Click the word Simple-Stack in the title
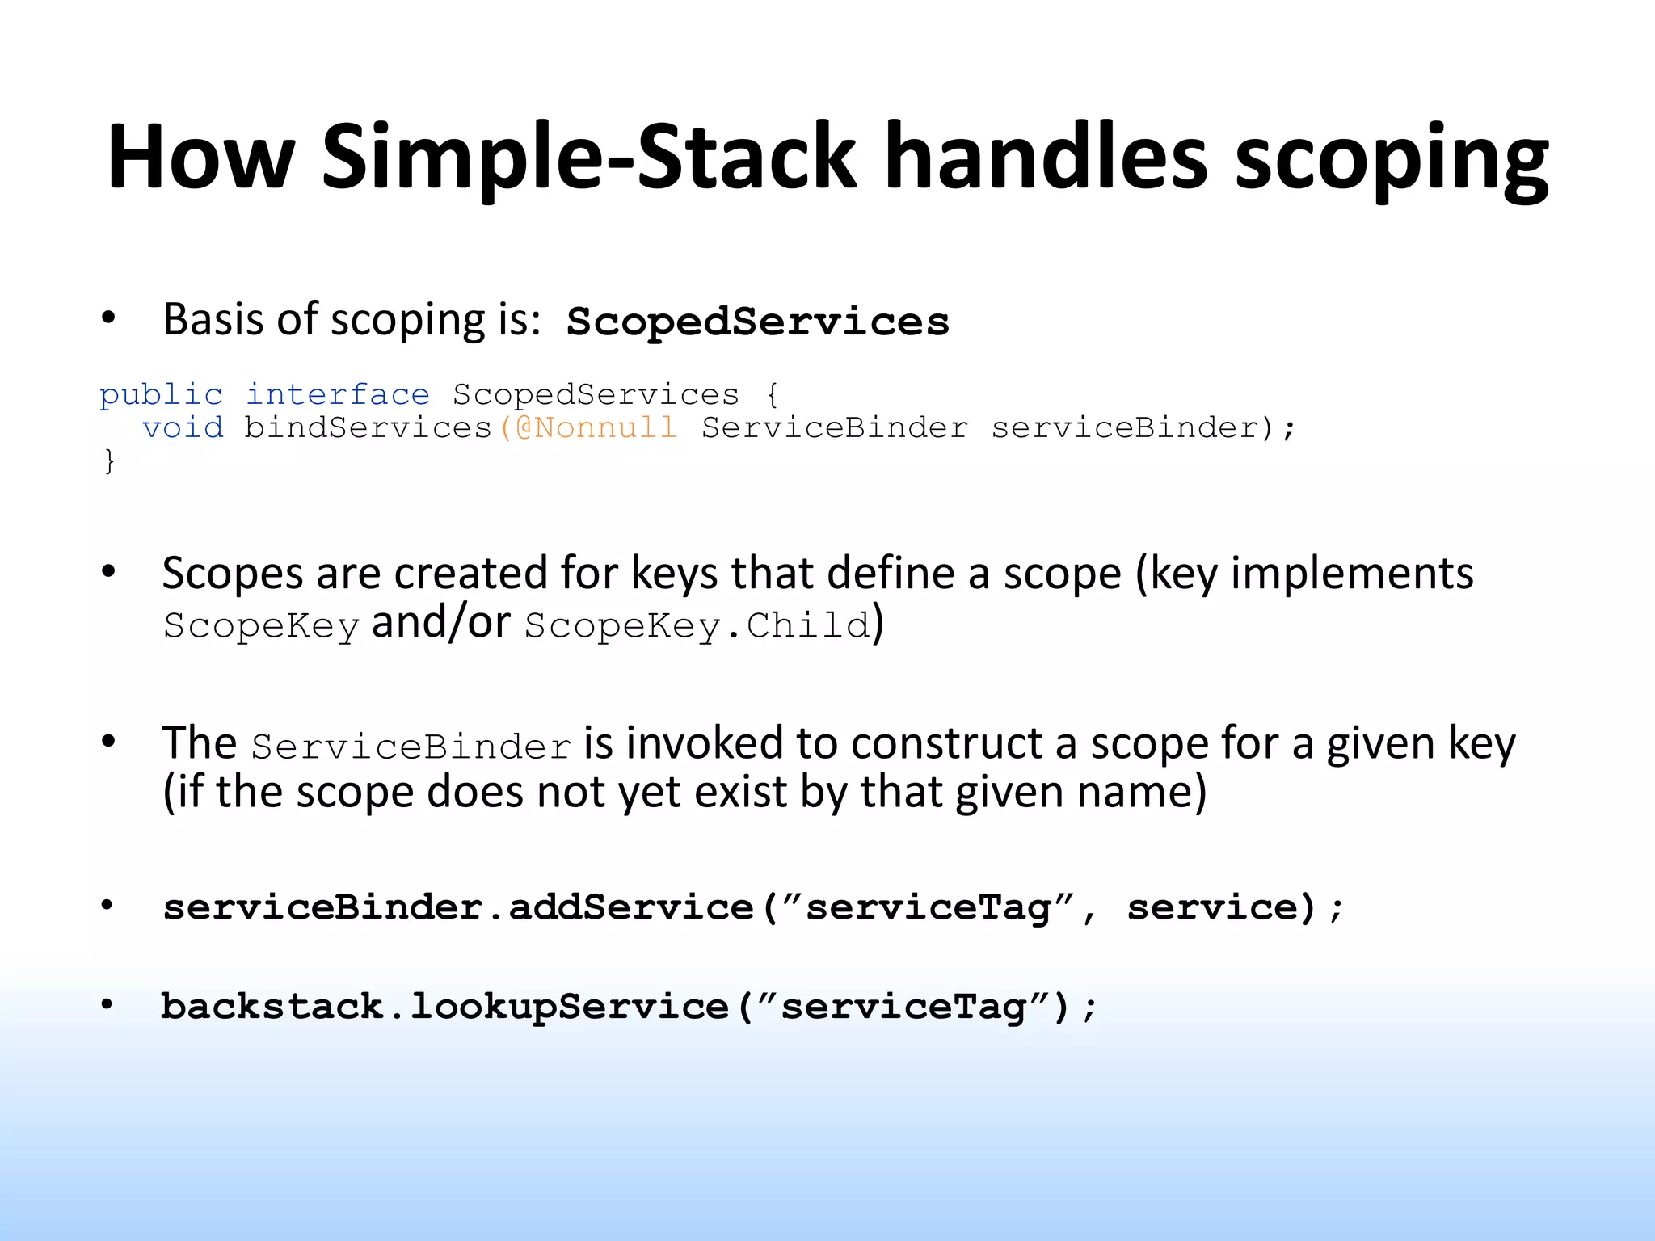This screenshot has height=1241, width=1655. pos(587,157)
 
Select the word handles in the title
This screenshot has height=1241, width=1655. pos(1046,157)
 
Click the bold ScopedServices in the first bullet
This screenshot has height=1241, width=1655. pos(757,322)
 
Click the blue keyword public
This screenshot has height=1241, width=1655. pos(161,394)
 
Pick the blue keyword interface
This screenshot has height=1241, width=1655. pos(337,394)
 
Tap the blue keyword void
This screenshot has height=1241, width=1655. pos(183,427)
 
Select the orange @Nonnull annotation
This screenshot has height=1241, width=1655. pos(596,427)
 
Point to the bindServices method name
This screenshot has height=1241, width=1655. pos(368,427)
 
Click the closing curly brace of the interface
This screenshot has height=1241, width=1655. pos(109,461)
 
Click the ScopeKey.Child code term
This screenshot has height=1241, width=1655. pos(697,626)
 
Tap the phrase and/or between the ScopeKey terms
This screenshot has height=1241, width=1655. pos(440,623)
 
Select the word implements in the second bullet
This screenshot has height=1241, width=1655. pos(1351,574)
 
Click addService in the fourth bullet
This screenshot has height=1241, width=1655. pos(630,907)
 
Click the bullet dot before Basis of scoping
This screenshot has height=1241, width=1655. pos(108,318)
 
